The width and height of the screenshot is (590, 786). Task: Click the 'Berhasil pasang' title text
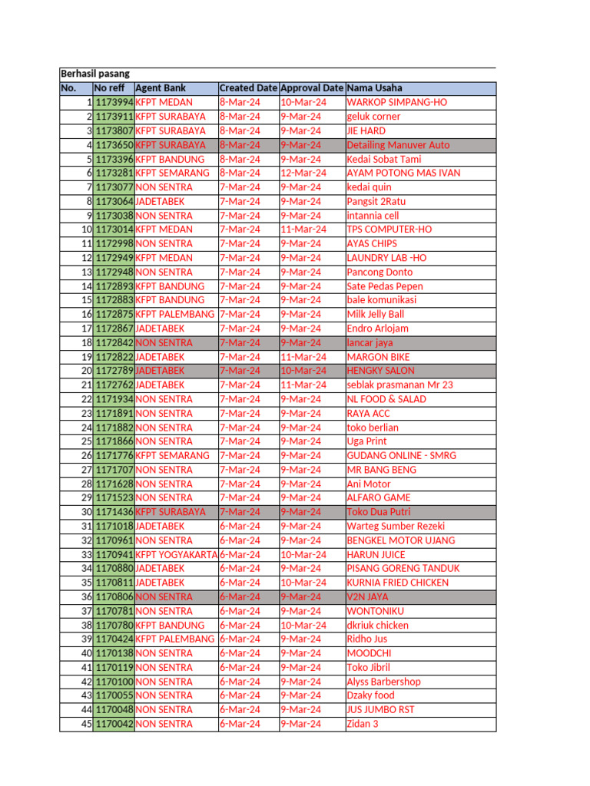tap(95, 74)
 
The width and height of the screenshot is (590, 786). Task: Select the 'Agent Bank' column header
tap(161, 88)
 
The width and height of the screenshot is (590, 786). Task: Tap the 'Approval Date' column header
tap(311, 88)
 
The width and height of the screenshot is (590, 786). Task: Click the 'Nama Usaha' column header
tap(374, 88)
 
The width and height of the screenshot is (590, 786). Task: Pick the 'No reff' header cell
tap(109, 88)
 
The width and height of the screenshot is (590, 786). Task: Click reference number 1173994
tap(114, 102)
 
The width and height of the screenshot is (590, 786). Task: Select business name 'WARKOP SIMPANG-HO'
tap(396, 102)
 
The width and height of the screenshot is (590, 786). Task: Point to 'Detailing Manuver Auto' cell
tap(398, 145)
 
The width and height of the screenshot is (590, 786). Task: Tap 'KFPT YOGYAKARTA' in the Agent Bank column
tap(176, 554)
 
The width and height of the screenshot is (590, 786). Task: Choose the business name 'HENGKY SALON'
tap(380, 371)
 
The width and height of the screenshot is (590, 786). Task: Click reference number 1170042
tap(114, 724)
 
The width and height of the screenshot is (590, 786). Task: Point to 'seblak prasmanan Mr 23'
tap(399, 385)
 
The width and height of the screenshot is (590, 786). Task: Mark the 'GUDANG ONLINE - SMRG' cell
tap(401, 455)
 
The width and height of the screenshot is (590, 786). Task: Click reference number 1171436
tap(114, 512)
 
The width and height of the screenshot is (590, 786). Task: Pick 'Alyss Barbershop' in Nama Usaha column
tap(383, 682)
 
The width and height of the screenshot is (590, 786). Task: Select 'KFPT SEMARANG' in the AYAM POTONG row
tap(172, 173)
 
